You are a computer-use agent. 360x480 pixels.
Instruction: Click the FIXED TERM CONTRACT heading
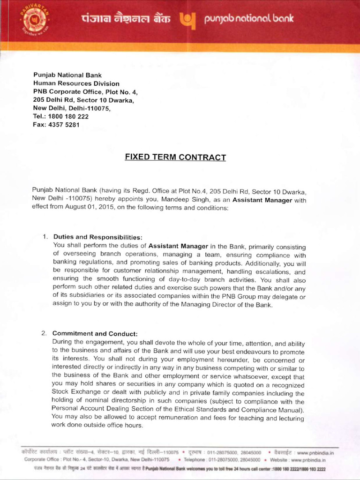tap(175, 157)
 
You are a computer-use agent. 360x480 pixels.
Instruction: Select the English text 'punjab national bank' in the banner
tap(249, 19)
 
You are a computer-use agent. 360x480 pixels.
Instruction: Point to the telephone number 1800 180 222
tap(68, 116)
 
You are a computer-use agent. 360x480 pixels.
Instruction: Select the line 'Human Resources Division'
tap(76, 83)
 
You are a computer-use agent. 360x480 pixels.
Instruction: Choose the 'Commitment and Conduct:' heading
tap(95, 334)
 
